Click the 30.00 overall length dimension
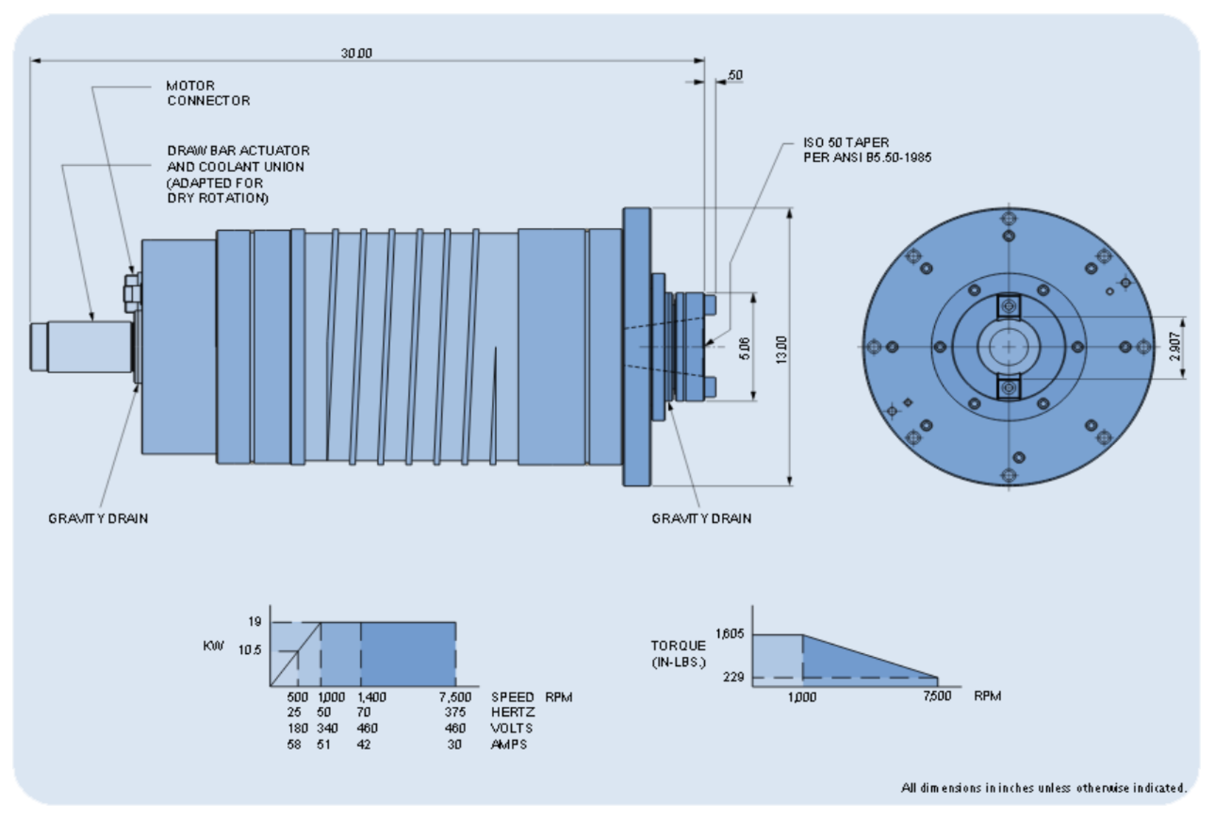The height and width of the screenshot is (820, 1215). click(357, 53)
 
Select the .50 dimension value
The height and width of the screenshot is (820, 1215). click(735, 75)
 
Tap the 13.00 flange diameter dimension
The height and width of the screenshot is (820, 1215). click(781, 349)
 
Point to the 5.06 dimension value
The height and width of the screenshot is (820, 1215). click(745, 348)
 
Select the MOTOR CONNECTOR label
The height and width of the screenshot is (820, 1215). click(208, 93)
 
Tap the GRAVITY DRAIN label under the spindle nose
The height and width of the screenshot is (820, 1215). click(701, 519)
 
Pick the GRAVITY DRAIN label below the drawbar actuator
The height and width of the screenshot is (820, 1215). click(98, 519)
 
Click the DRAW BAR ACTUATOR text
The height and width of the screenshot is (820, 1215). click(238, 151)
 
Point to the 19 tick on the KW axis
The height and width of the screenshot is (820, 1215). click(255, 621)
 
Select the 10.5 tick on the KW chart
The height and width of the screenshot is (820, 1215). click(250, 650)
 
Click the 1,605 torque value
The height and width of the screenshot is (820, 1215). click(729, 634)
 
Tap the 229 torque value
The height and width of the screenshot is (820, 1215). click(733, 677)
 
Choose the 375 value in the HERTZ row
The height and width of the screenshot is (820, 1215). click(455, 713)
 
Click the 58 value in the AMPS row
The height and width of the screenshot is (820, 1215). click(294, 744)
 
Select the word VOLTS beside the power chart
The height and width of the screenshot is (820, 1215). click(511, 728)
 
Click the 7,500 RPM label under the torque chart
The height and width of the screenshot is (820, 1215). click(937, 696)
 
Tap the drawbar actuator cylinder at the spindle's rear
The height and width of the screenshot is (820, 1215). click(89, 347)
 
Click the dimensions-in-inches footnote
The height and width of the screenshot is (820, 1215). click(1043, 788)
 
